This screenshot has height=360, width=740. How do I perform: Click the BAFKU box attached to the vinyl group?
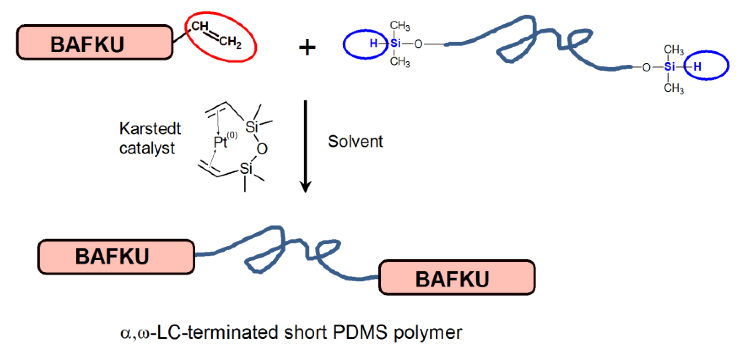(94, 42)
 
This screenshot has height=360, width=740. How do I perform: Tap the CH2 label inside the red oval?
(230, 42)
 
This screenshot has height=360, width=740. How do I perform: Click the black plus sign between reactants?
(307, 48)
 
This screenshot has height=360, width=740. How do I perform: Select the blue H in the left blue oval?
(373, 43)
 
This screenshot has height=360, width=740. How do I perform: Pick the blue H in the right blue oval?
(697, 67)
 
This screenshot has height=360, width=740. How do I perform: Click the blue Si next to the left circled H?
(395, 43)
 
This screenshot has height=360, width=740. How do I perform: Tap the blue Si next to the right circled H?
(669, 67)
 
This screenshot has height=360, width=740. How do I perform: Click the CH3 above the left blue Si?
(399, 26)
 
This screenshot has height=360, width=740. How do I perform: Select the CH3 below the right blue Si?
(673, 88)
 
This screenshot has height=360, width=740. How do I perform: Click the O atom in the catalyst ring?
(262, 149)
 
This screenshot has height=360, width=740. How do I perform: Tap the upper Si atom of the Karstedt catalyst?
(251, 127)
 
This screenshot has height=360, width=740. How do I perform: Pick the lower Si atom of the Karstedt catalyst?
(246, 169)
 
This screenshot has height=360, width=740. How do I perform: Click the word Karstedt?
(150, 129)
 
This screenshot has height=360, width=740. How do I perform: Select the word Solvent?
(355, 142)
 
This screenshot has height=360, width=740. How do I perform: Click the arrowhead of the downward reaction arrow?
(305, 187)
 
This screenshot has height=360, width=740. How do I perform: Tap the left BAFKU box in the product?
(116, 257)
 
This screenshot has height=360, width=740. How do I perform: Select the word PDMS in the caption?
(360, 332)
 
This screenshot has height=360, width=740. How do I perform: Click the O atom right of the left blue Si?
(418, 44)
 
